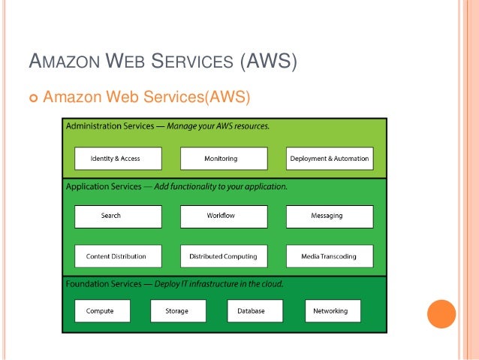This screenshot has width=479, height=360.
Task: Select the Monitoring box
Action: point(224,159)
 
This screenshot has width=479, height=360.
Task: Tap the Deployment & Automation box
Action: point(330,159)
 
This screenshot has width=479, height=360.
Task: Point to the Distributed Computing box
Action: point(224,256)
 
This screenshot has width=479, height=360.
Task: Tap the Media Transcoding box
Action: point(330,256)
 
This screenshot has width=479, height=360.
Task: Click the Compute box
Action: point(102,311)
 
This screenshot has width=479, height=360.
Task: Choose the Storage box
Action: point(178,311)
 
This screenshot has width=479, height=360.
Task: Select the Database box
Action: point(255,311)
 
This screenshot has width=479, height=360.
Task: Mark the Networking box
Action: point(332,311)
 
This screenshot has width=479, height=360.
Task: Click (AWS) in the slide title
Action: point(268,59)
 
